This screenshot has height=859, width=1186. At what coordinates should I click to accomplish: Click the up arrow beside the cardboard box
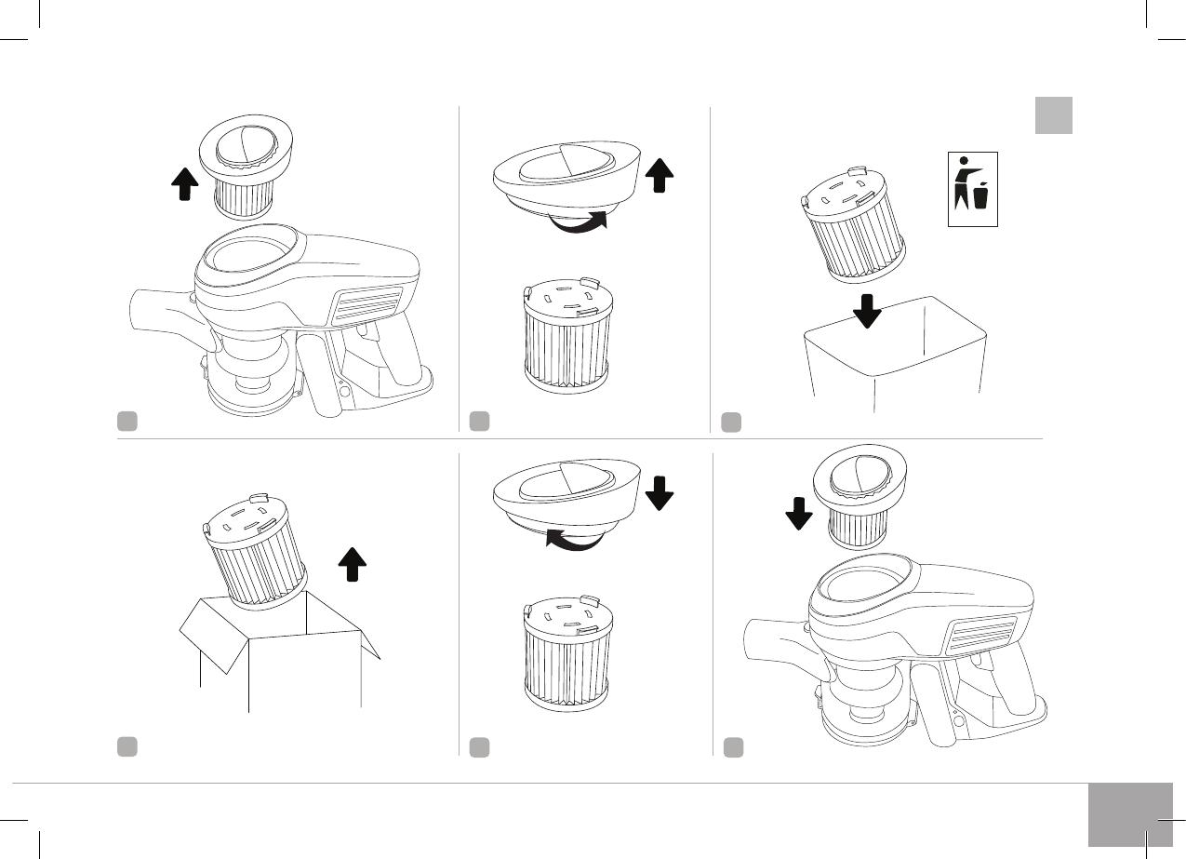[x=351, y=564]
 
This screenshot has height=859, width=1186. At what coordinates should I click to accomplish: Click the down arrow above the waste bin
[x=867, y=310]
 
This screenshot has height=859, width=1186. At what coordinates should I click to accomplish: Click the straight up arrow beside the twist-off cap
[x=659, y=175]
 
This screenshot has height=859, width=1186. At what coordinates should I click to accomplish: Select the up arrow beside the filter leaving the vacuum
[x=185, y=185]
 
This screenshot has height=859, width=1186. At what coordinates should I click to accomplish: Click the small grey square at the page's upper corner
[x=1053, y=115]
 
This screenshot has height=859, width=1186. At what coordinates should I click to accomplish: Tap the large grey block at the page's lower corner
[x=1129, y=814]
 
